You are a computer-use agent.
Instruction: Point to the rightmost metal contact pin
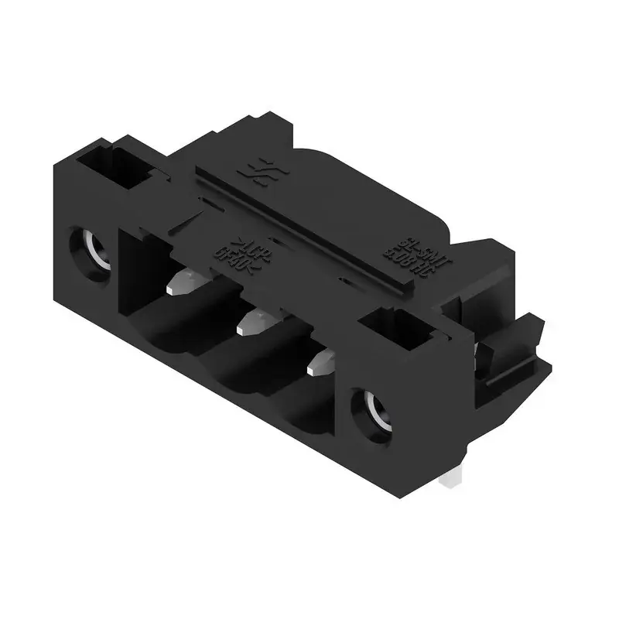[319, 361]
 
